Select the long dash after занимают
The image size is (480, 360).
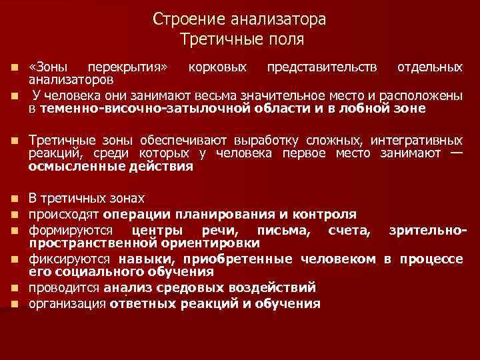point(456,153)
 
